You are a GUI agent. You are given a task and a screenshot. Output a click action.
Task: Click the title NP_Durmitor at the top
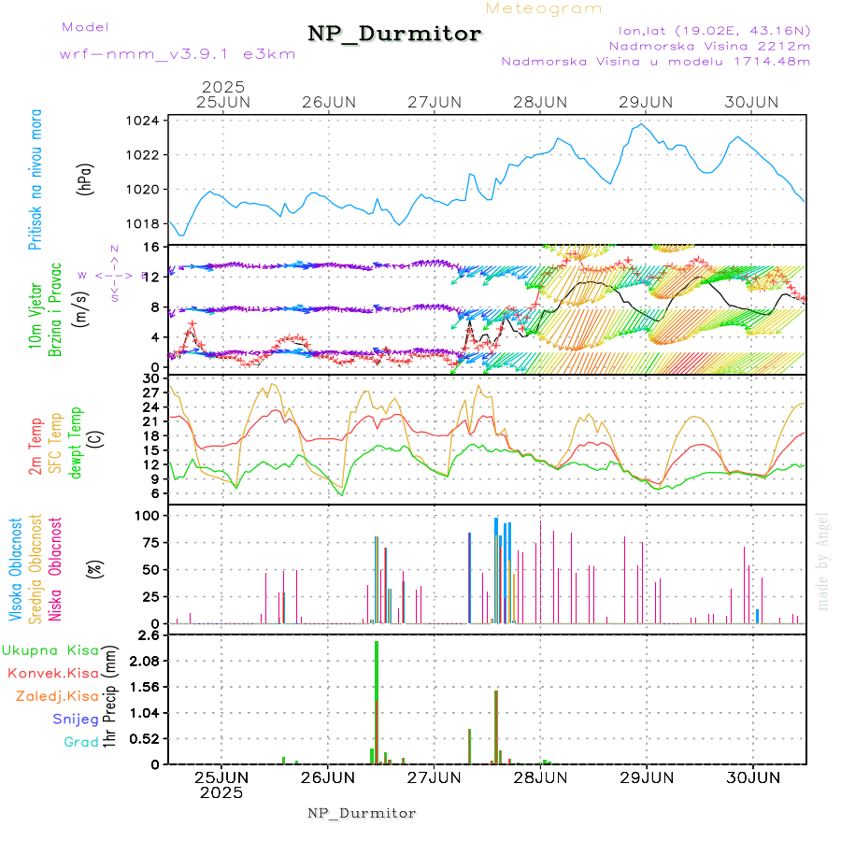coord(394,35)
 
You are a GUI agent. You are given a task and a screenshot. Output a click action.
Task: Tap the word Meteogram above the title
coord(544,8)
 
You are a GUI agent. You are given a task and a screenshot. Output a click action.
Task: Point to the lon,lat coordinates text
coord(707,29)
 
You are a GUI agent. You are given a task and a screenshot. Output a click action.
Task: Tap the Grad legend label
coord(81,742)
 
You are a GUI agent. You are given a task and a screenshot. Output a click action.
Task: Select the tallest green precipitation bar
coord(376,701)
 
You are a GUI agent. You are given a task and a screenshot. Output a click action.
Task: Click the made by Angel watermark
coord(823,561)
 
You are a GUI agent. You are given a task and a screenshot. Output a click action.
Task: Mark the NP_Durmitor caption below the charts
coord(362,813)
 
